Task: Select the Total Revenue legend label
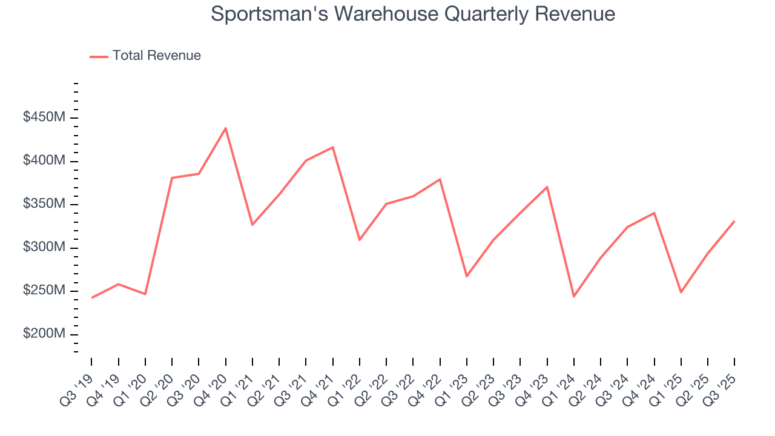[156, 56]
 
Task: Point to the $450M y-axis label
[44, 117]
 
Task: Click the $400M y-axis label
[44, 161]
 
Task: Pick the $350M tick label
[44, 204]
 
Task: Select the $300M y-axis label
[44, 248]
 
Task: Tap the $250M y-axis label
[44, 291]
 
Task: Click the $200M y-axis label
[44, 334]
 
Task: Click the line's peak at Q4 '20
[225, 128]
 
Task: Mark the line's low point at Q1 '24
[573, 296]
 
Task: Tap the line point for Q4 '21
[332, 147]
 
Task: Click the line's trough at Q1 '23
[466, 276]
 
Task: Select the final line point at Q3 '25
[734, 222]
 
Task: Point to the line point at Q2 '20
[172, 178]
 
